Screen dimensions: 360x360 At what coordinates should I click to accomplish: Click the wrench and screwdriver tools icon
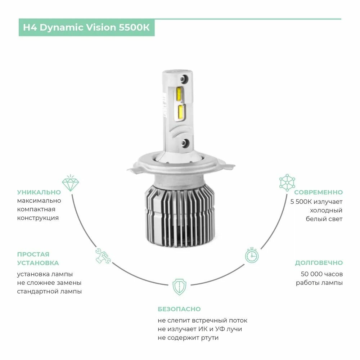tap(103, 255)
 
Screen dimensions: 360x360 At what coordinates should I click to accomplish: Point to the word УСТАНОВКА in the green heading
tap(38, 263)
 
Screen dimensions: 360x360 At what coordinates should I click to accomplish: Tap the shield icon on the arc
tap(179, 287)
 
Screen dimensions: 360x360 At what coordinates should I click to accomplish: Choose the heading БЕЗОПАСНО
tap(179, 309)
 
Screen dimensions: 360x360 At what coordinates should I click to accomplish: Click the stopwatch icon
tap(252, 255)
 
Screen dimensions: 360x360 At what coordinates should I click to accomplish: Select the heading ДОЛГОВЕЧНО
tap(319, 263)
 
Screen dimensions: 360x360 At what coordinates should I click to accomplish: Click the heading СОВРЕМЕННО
tap(318, 192)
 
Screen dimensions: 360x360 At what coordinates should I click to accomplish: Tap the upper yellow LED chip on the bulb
tap(180, 94)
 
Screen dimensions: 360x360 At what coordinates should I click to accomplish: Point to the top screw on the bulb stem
tap(185, 78)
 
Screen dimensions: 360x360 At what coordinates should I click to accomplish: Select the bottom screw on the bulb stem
tap(185, 143)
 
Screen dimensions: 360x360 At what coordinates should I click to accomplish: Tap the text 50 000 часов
tap(321, 274)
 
